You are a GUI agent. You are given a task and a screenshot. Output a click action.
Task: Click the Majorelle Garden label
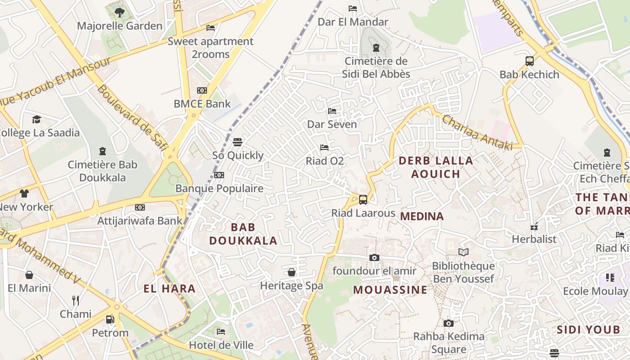pyautogui.click(x=119, y=26)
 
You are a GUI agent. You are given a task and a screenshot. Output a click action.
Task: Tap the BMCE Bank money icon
pyautogui.click(x=202, y=90)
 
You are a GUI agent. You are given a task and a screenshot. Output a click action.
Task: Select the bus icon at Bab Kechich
pyautogui.click(x=530, y=61)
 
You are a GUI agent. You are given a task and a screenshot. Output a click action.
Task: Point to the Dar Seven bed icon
pyautogui.click(x=332, y=111)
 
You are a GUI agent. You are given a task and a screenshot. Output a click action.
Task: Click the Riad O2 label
pyautogui.click(x=324, y=161)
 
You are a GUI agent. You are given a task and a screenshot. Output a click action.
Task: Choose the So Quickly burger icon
pyautogui.click(x=238, y=142)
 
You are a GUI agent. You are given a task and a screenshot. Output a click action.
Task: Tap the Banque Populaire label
pyautogui.click(x=219, y=188)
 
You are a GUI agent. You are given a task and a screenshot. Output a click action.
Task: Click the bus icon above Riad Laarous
pyautogui.click(x=363, y=199)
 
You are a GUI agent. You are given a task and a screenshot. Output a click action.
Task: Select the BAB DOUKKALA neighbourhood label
pyautogui.click(x=243, y=234)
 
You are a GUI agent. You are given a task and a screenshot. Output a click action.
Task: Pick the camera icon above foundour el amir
pyautogui.click(x=374, y=257)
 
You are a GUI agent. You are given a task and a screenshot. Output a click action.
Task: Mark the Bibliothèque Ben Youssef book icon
pyautogui.click(x=463, y=252)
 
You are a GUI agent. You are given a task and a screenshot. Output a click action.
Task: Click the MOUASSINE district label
pyautogui.click(x=390, y=289)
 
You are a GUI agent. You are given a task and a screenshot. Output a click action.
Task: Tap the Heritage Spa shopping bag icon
pyautogui.click(x=292, y=272)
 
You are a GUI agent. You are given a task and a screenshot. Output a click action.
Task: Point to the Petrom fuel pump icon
pyautogui.click(x=110, y=319)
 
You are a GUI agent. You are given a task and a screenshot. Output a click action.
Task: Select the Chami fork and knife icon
pyautogui.click(x=76, y=300)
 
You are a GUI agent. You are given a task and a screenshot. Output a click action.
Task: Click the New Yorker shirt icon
pyautogui.click(x=24, y=193)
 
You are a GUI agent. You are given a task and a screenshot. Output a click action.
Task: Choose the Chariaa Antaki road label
pyautogui.click(x=477, y=132)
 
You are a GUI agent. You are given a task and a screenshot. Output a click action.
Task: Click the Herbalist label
pyautogui.click(x=534, y=239)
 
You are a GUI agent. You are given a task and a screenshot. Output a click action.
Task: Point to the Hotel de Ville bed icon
pyautogui.click(x=220, y=332)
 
